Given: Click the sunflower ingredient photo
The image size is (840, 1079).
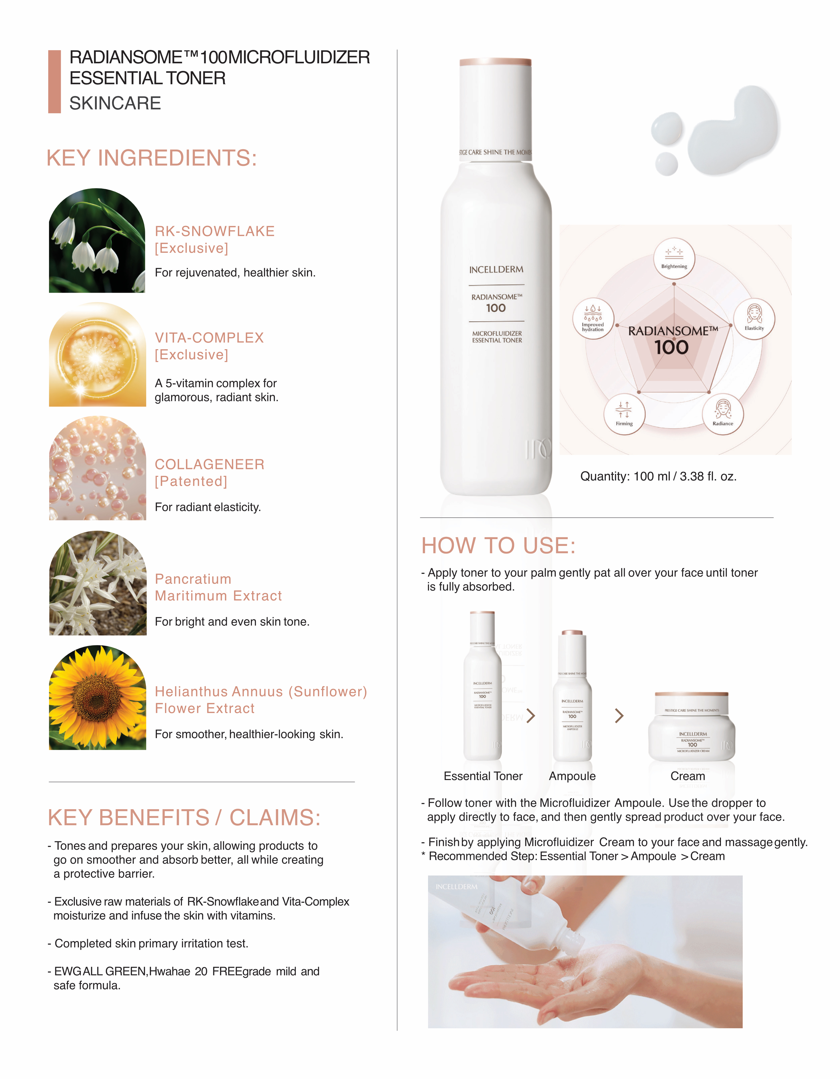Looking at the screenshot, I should (x=97, y=698).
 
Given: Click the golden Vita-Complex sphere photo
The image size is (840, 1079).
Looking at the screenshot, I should (x=97, y=355).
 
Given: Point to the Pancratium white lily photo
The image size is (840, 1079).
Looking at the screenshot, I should (x=97, y=583).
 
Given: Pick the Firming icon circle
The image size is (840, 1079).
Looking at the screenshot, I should (x=624, y=414).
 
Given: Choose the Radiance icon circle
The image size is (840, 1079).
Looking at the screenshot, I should (x=722, y=414).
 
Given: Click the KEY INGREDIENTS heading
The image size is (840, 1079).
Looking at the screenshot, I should (x=152, y=158).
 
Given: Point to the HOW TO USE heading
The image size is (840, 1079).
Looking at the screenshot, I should (x=498, y=545).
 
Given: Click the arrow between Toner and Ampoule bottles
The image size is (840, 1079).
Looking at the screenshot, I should (x=531, y=715).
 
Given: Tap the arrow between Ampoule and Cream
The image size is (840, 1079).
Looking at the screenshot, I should (x=619, y=715).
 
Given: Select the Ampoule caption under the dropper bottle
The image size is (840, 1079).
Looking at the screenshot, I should (x=572, y=776).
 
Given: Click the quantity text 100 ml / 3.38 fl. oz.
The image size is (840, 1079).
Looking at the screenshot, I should (x=658, y=476).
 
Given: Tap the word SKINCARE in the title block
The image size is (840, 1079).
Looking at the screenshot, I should (x=115, y=103).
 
